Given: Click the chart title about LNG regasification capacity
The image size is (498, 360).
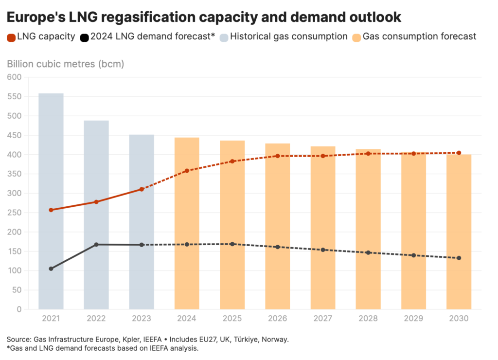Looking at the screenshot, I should coord(204,17).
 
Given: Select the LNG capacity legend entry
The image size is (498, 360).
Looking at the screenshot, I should coord(41,36).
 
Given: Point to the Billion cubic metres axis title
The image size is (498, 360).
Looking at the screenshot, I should coord(65,64).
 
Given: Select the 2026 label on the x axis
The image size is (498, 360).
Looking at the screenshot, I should coord(278,319).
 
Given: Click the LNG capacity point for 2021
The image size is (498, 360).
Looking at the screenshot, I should coord(51,210).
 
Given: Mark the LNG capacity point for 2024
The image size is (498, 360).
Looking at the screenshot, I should coord(187,171).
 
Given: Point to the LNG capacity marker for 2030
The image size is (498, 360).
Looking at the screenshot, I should coord(459,153).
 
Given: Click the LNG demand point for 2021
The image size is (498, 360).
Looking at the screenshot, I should coord(51,269).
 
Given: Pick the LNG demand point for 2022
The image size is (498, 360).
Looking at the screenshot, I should coord(96,244).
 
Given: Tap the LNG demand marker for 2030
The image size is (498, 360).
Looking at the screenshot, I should coord(459,258).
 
